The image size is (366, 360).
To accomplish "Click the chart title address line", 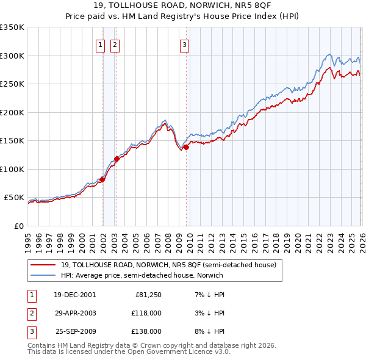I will pos(182,5).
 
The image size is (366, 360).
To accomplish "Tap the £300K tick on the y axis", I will pos(12,56).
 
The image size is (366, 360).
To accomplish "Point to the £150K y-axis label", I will pos(12,141).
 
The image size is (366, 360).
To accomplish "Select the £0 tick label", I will pos(18,226).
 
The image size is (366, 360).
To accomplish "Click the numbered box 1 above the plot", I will pos(99,43).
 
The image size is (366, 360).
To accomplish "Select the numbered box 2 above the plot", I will pos(114,43).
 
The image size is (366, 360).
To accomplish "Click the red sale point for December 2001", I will pos(102,179).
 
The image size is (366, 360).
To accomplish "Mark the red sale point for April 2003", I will pos(117,159).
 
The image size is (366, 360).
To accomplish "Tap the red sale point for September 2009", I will pos(186,147).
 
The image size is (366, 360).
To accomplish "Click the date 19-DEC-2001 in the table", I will pos(74,295).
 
